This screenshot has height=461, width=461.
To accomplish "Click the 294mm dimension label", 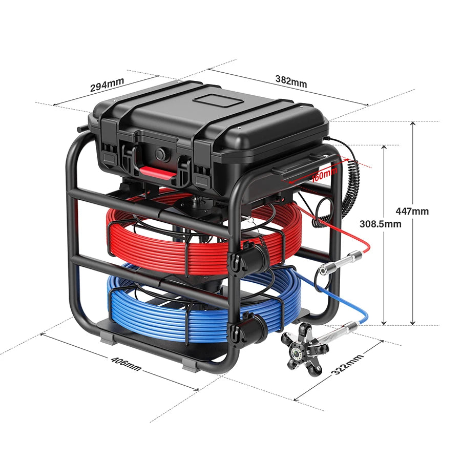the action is click(x=107, y=85).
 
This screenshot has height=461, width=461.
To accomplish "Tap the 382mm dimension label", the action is click(x=291, y=81).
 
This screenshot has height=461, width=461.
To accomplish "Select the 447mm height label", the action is click(x=412, y=211).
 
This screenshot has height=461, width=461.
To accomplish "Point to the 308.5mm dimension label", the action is click(x=380, y=224).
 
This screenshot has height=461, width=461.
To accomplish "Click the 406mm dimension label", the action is click(x=126, y=364).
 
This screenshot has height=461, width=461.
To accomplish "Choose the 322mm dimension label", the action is click(x=347, y=365).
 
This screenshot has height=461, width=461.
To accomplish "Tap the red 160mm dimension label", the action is click(x=324, y=174).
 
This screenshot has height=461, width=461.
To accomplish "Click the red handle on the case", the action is click(x=158, y=172).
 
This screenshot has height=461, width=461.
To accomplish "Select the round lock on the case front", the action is click(x=161, y=154).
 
